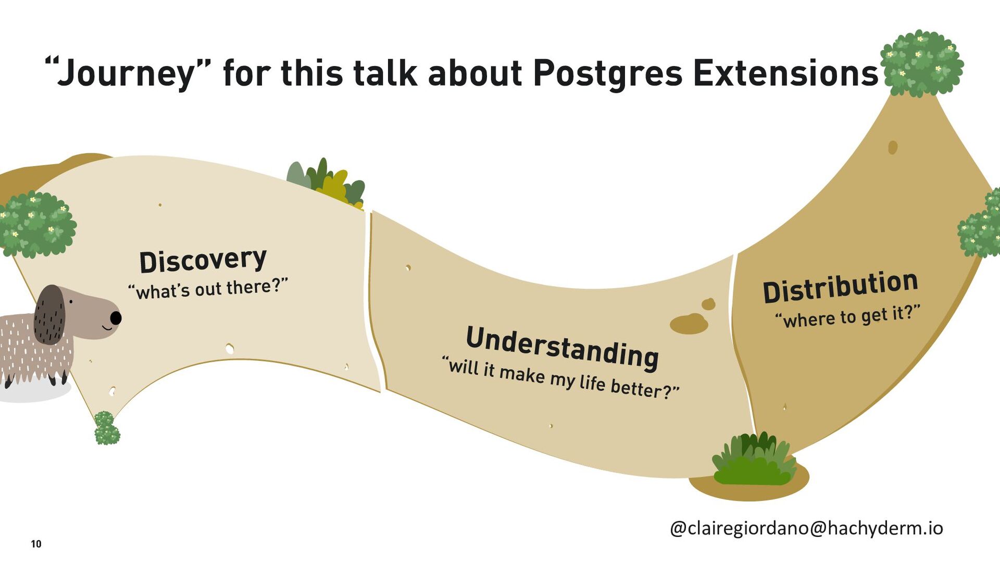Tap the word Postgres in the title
click(x=607, y=72)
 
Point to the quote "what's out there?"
click(x=208, y=288)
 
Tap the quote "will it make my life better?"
click(x=560, y=376)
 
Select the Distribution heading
click(x=840, y=286)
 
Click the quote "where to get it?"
click(x=847, y=316)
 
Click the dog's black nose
click(x=116, y=317)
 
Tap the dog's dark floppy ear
click(x=49, y=314)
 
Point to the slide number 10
click(x=36, y=544)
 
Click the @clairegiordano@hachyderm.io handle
click(x=806, y=528)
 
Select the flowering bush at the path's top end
click(x=921, y=63)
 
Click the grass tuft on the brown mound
click(x=753, y=459)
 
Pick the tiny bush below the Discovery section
click(x=107, y=428)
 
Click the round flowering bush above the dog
click(x=36, y=224)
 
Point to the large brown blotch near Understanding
click(x=689, y=323)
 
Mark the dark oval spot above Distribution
click(x=893, y=148)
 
